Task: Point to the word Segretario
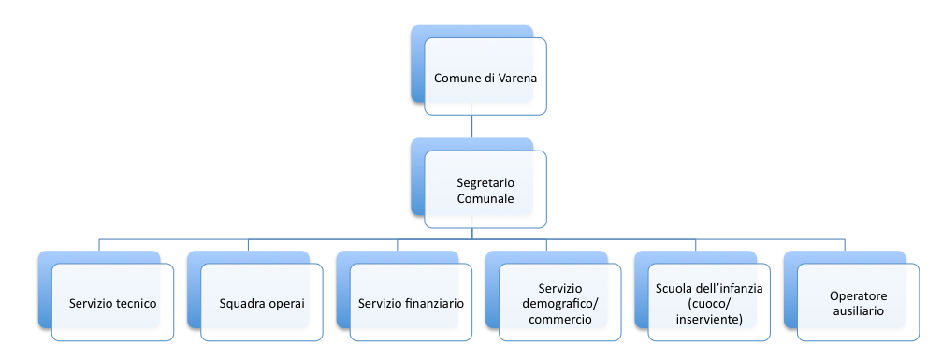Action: (x=485, y=183)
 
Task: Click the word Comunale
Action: (x=485, y=199)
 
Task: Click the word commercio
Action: (x=560, y=319)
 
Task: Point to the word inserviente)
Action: (x=709, y=319)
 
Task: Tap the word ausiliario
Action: (x=858, y=311)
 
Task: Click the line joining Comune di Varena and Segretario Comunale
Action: (x=472, y=126)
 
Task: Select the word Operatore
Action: (x=858, y=296)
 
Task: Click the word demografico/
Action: (x=560, y=304)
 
